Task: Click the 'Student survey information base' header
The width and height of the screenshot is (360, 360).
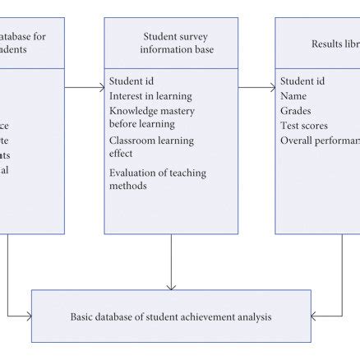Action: click(x=170, y=42)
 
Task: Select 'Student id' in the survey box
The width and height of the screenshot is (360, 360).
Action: click(x=131, y=81)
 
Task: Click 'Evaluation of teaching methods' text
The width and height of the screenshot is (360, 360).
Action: click(x=157, y=178)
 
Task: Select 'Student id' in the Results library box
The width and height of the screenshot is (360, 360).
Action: click(x=302, y=81)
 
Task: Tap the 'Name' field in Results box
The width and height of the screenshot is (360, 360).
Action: click(x=293, y=96)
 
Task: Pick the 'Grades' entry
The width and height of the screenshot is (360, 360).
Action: click(x=296, y=111)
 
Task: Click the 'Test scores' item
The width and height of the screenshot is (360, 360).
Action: click(x=304, y=126)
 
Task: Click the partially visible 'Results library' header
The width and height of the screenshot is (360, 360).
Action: click(x=329, y=43)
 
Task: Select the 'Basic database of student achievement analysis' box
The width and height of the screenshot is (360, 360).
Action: click(x=171, y=316)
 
